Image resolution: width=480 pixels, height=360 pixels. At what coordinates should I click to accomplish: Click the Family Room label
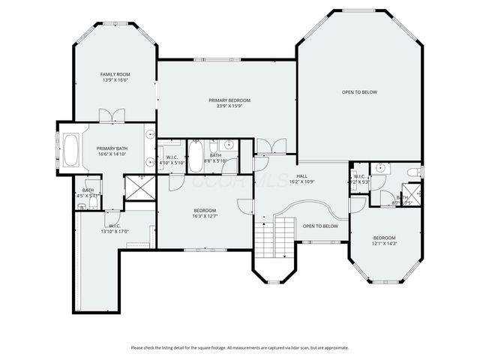pyautogui.click(x=115, y=75)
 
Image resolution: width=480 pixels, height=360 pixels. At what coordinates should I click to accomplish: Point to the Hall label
pyautogui.click(x=301, y=175)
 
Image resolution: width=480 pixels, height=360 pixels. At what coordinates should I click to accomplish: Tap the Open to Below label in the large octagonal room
pyautogui.click(x=359, y=92)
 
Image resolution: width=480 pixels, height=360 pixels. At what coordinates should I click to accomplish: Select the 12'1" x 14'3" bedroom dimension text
pyautogui.click(x=384, y=244)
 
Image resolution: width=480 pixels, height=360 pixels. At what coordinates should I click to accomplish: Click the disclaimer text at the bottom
pyautogui.click(x=240, y=347)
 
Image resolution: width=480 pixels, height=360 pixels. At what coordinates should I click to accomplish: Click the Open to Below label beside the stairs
pyautogui.click(x=320, y=226)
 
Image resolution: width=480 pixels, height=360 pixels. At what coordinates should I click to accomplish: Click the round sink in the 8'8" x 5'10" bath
pyautogui.click(x=230, y=145)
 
